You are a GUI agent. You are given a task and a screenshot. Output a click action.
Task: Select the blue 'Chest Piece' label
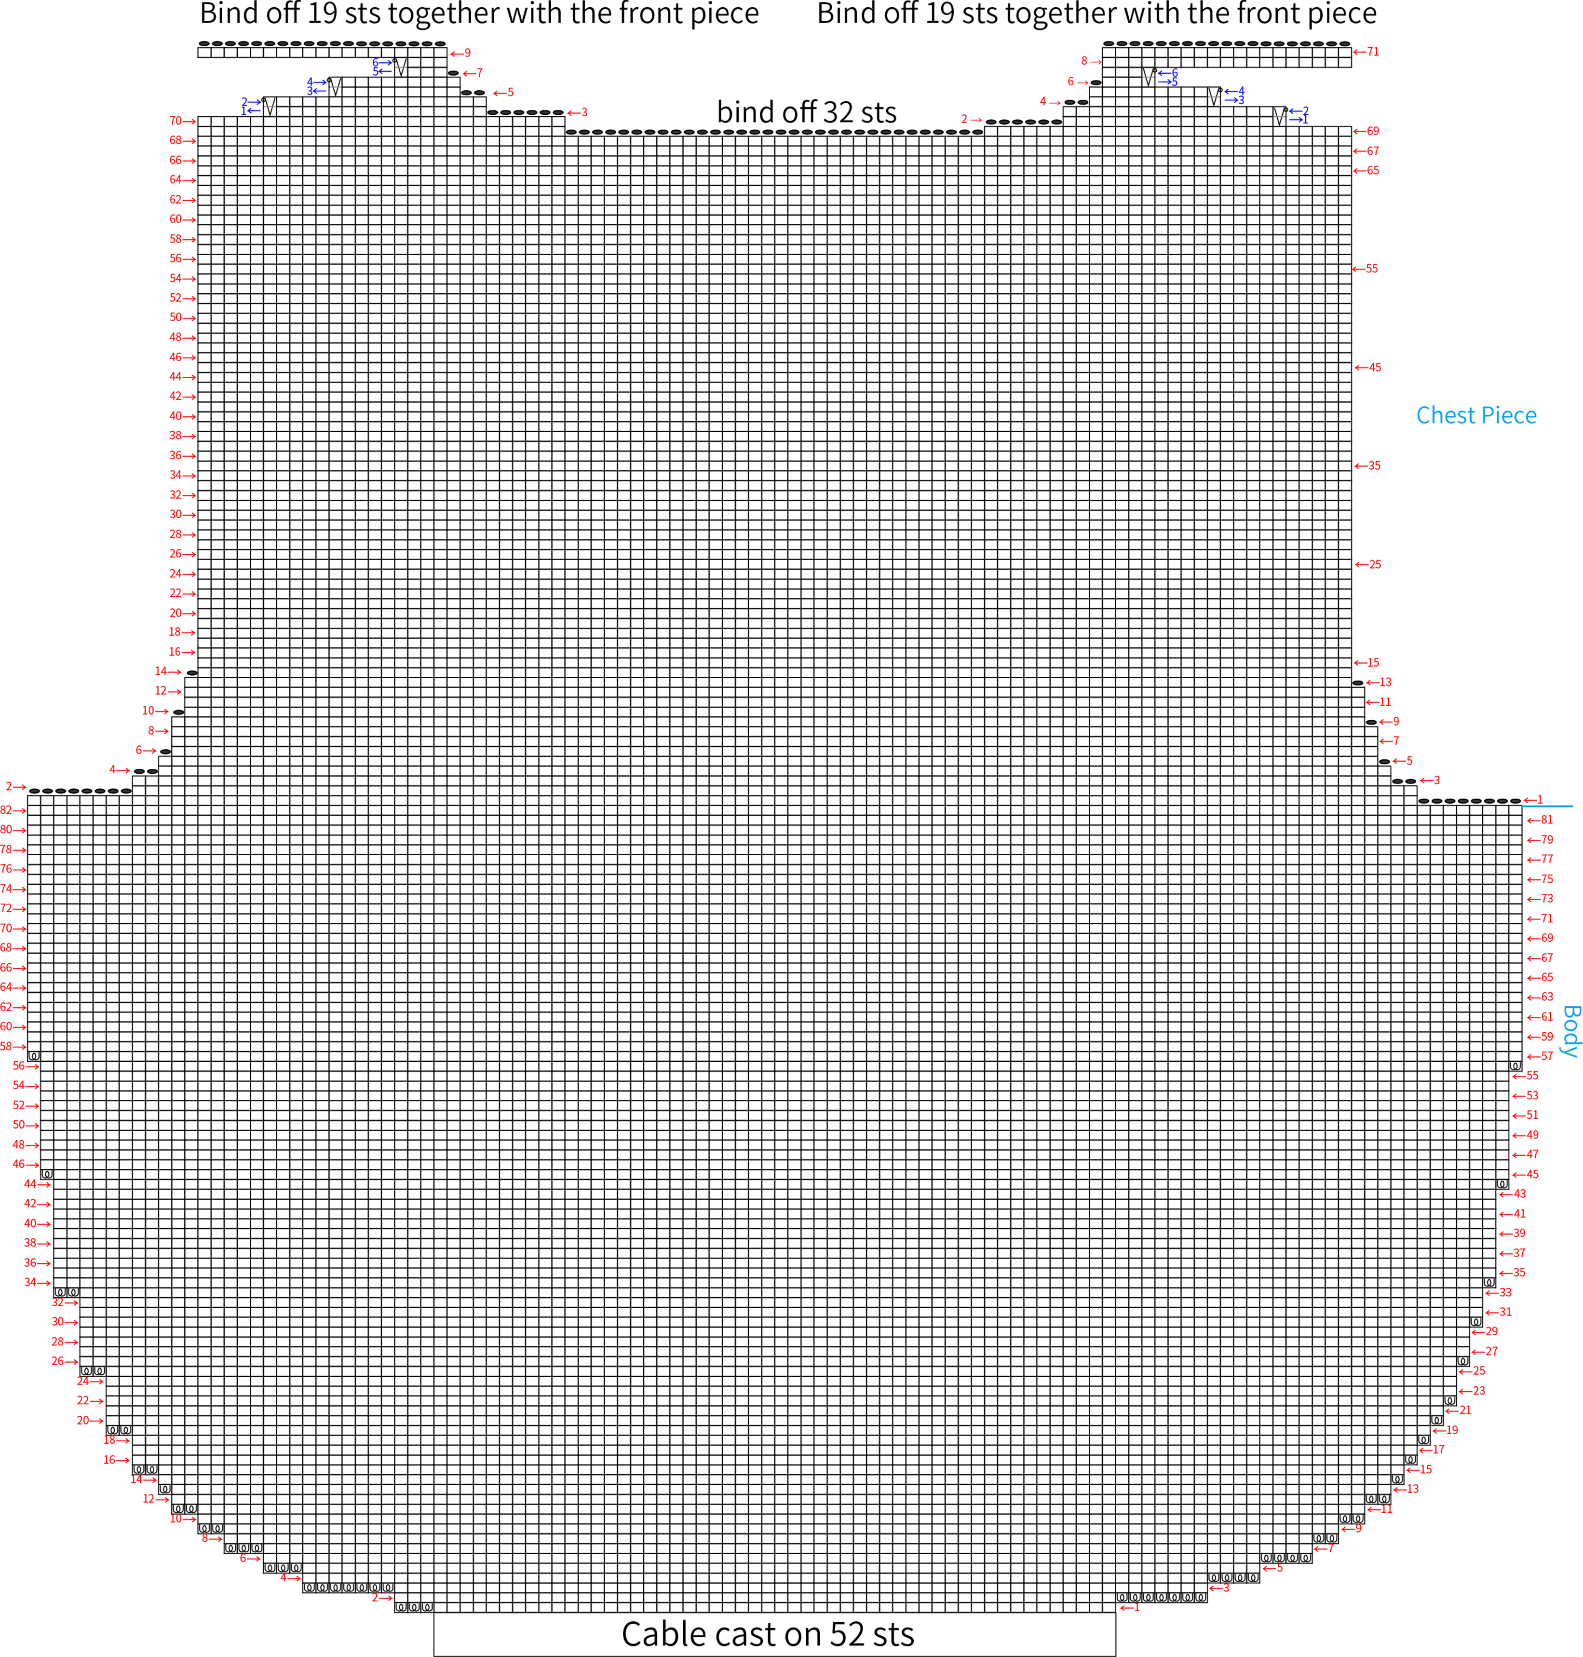(x=1476, y=415)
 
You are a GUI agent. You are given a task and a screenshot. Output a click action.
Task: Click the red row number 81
(x=1547, y=820)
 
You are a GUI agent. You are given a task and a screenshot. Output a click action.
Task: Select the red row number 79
(x=1547, y=840)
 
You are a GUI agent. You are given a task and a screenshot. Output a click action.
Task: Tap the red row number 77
(x=1547, y=859)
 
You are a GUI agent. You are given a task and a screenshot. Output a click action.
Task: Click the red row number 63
(x=1547, y=997)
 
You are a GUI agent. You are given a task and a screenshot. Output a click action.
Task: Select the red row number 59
(x=1547, y=1037)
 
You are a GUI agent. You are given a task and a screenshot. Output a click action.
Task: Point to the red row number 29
(x=1492, y=1331)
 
